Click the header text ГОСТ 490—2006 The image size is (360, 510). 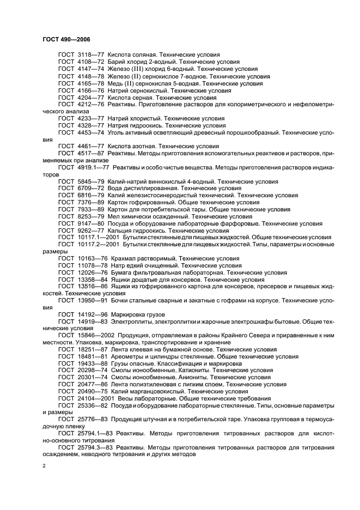(x=66, y=40)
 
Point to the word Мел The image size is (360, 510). (x=113, y=216)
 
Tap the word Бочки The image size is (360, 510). (x=122, y=301)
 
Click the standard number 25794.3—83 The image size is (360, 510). (x=94, y=447)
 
